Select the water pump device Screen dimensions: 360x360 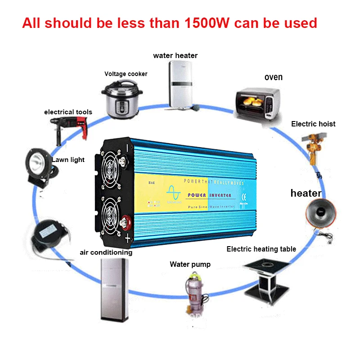(x=193, y=292)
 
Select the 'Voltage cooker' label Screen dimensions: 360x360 (x=126, y=74)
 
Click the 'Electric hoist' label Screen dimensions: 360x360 (x=313, y=124)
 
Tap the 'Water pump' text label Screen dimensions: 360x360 (x=190, y=264)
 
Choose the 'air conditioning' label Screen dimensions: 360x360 (x=106, y=252)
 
